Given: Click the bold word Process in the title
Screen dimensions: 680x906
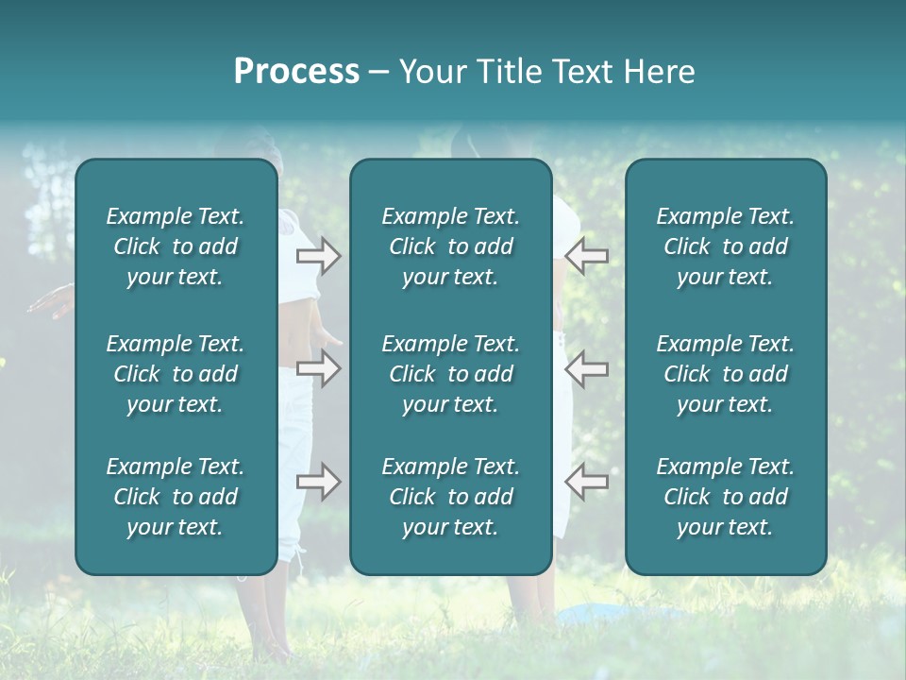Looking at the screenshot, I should pyautogui.click(x=296, y=72).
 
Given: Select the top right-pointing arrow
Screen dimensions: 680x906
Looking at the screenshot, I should pyautogui.click(x=319, y=256).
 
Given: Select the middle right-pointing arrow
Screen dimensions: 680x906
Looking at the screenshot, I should pyautogui.click(x=319, y=368).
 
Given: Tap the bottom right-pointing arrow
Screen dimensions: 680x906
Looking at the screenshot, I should pyautogui.click(x=319, y=482).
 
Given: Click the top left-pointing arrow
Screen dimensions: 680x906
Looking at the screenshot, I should pyautogui.click(x=587, y=254).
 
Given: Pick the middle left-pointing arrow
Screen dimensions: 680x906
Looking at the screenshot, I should pyautogui.click(x=587, y=368).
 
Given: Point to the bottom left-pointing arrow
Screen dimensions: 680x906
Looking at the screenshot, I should pyautogui.click(x=587, y=482).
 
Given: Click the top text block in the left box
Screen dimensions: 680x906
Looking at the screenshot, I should pyautogui.click(x=176, y=246).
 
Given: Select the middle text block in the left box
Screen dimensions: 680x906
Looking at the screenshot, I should pyautogui.click(x=176, y=374).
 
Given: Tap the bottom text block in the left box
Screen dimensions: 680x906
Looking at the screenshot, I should pyautogui.click(x=176, y=497).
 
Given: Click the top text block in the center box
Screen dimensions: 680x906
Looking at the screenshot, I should pyautogui.click(x=451, y=246).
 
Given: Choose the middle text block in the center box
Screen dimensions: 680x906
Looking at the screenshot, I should pyautogui.click(x=451, y=374).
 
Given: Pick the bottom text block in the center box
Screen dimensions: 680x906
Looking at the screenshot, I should pyautogui.click(x=451, y=497).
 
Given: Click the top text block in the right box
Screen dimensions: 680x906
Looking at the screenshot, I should pyautogui.click(x=726, y=246).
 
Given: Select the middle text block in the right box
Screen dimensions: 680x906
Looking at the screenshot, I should pyautogui.click(x=726, y=374).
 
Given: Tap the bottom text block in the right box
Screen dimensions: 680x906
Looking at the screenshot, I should pyautogui.click(x=726, y=497).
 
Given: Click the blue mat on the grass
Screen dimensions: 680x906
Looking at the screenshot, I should pyautogui.click(x=604, y=615).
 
